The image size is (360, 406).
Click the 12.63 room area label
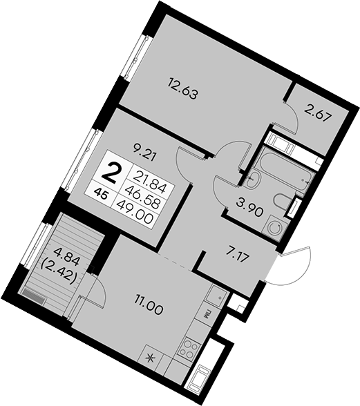[x=183, y=88]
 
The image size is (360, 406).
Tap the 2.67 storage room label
[x=319, y=115]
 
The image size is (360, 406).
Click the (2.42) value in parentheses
[x=59, y=271]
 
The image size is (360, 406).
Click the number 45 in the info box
[x=101, y=194]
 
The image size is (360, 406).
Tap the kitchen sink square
[x=217, y=295]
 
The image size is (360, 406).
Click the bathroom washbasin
[x=252, y=180]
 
